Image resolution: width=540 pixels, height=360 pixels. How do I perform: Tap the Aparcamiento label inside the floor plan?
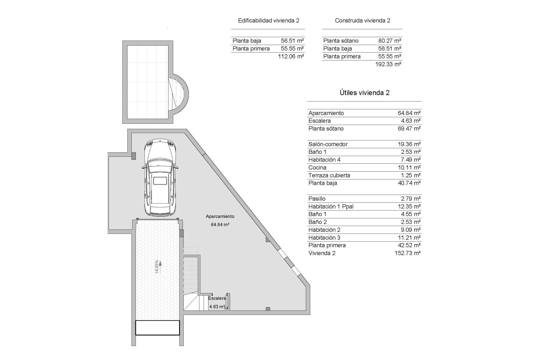pyautogui.click(x=220, y=216)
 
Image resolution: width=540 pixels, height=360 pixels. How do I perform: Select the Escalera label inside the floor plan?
pyautogui.click(x=217, y=298)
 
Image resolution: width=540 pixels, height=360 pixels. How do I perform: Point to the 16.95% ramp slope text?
pyautogui.click(x=157, y=266)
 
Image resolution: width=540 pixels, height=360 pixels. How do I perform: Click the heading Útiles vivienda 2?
pyautogui.click(x=364, y=93)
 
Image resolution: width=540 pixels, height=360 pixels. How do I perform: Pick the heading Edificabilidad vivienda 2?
pyautogui.click(x=269, y=21)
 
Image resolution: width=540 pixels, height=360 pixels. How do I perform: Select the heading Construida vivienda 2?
pyautogui.click(x=363, y=21)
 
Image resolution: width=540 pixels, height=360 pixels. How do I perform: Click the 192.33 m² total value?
pyautogui.click(x=388, y=64)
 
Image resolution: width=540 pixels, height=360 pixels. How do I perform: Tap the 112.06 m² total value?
pyautogui.click(x=291, y=56)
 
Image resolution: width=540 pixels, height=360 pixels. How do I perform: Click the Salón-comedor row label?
pyautogui.click(x=328, y=144)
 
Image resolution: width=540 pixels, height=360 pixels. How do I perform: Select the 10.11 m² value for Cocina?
pyautogui.click(x=409, y=168)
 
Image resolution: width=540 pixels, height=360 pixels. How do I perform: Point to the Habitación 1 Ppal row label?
pyautogui.click(x=331, y=206)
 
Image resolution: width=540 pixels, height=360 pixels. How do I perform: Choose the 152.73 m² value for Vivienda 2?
pyautogui.click(x=408, y=253)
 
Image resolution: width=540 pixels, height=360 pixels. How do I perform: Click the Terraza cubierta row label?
pyautogui.click(x=329, y=175)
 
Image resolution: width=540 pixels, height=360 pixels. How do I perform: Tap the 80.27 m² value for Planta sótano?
pyautogui.click(x=390, y=41)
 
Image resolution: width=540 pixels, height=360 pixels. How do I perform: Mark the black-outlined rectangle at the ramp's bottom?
pyautogui.click(x=157, y=328)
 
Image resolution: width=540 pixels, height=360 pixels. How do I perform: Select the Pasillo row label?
pyautogui.click(x=317, y=199)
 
